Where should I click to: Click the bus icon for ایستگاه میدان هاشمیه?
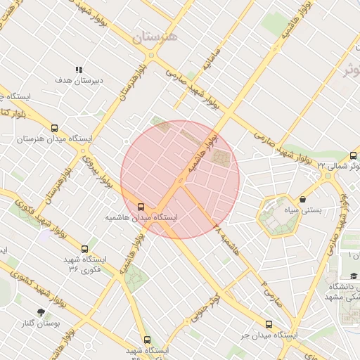point(141,207)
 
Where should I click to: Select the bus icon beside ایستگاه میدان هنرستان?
point(55,128)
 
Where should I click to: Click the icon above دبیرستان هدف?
point(79,70)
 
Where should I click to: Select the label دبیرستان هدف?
point(79,81)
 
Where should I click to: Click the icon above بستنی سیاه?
point(302,199)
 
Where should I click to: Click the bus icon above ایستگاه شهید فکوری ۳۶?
point(85,248)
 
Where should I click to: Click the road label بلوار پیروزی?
point(97,172)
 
